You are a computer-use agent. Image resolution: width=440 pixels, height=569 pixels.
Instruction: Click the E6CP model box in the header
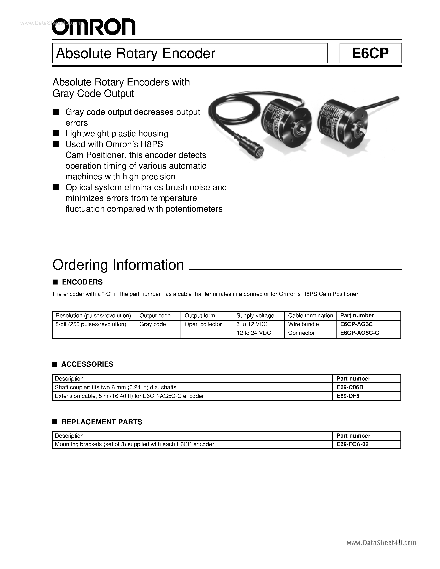(x=370, y=53)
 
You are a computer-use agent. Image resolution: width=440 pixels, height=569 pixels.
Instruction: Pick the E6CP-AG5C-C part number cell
(x=359, y=333)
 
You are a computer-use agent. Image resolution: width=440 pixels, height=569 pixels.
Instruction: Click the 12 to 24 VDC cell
(x=253, y=333)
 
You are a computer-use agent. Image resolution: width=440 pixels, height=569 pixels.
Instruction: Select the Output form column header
(x=200, y=316)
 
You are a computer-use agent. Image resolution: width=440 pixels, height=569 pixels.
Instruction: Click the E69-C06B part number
(x=350, y=387)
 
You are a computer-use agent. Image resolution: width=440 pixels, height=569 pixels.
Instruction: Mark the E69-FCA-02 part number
(x=352, y=444)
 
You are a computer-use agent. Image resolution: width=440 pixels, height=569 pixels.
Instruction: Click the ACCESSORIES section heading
(x=87, y=364)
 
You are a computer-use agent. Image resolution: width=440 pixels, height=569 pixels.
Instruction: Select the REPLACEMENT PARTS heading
(x=102, y=422)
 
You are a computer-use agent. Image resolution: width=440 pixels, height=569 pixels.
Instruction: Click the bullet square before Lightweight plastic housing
(x=55, y=134)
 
